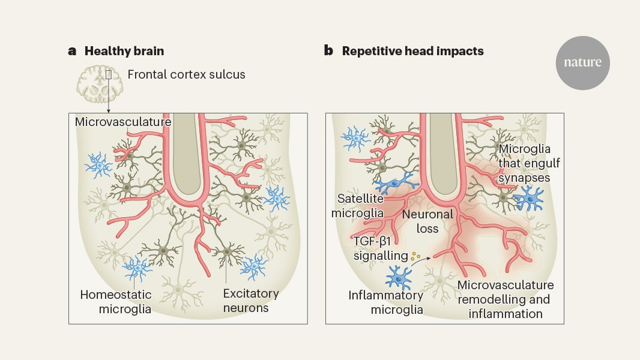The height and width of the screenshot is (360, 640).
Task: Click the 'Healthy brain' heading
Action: click(124, 51)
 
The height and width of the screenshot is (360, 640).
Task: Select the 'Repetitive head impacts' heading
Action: click(412, 51)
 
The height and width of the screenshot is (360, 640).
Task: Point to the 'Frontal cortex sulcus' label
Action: click(187, 75)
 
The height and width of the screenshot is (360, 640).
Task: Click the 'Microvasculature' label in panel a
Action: click(124, 122)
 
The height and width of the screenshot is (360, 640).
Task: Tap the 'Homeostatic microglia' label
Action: click(116, 302)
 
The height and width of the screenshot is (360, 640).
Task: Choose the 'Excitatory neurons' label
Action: click(250, 301)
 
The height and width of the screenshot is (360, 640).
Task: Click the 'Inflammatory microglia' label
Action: click(386, 302)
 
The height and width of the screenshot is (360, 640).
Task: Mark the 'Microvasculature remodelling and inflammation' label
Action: click(505, 299)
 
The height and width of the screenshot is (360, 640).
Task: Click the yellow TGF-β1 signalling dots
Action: click(417, 256)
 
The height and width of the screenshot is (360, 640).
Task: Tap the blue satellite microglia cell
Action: click(396, 181)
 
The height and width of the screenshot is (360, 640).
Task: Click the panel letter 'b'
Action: click(328, 51)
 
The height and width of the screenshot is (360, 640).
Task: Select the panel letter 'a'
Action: click(72, 51)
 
